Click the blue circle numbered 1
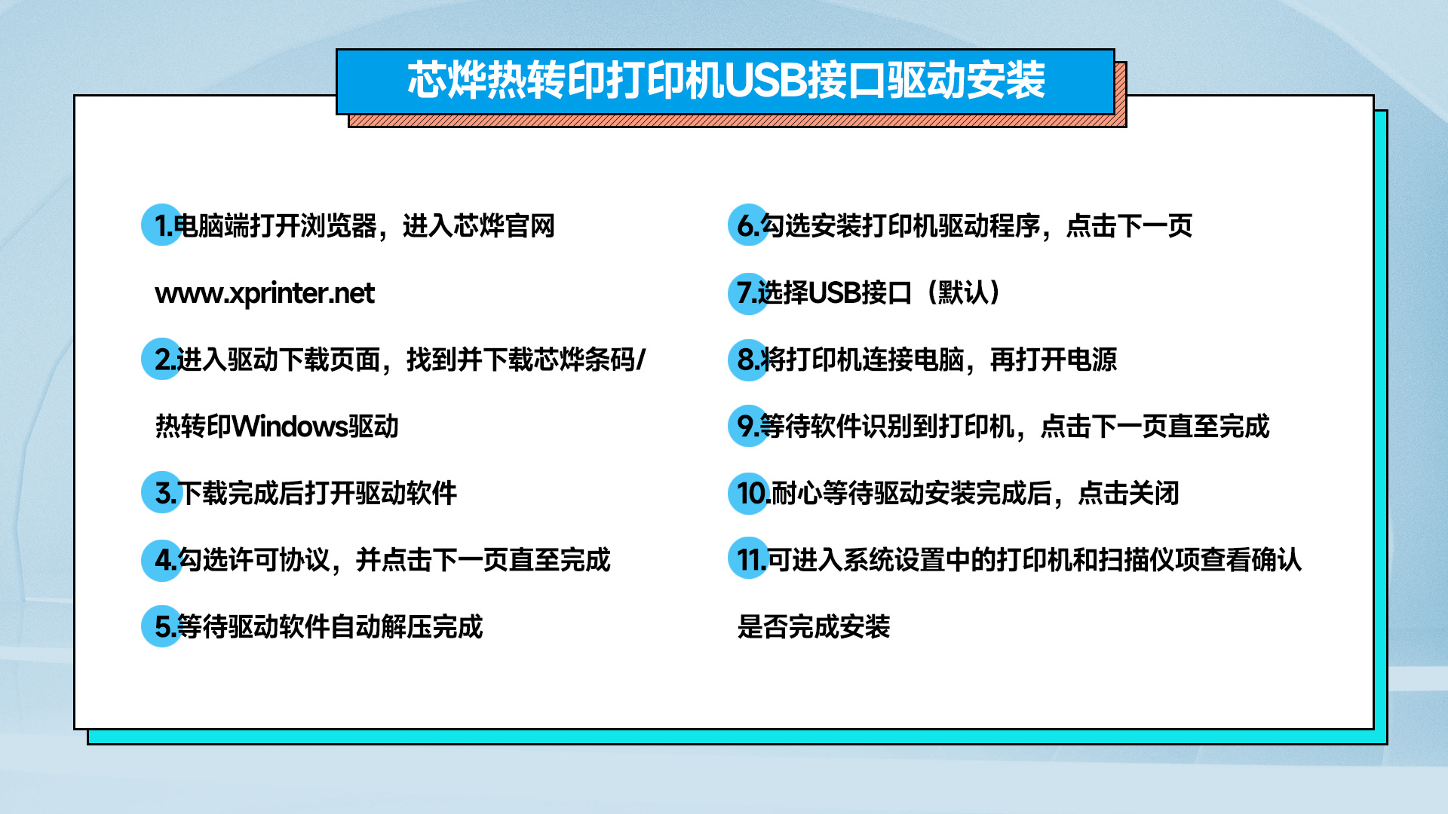click(x=162, y=225)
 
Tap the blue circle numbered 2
click(x=162, y=359)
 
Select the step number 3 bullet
click(x=162, y=493)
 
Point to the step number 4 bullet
click(x=162, y=560)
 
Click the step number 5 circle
click(x=162, y=626)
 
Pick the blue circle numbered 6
click(x=748, y=225)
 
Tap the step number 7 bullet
click(x=748, y=292)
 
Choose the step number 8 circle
click(x=748, y=359)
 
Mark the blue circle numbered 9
click(x=748, y=426)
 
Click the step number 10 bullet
click(x=748, y=493)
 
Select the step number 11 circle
click(x=748, y=560)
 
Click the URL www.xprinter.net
click(x=265, y=293)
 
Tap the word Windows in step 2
click(x=290, y=427)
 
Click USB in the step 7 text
click(x=835, y=292)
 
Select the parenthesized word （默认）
click(x=963, y=292)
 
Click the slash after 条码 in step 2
click(x=641, y=360)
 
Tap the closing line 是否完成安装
click(x=814, y=627)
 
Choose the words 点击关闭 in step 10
click(x=1128, y=494)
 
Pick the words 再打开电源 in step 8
click(x=1054, y=360)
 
